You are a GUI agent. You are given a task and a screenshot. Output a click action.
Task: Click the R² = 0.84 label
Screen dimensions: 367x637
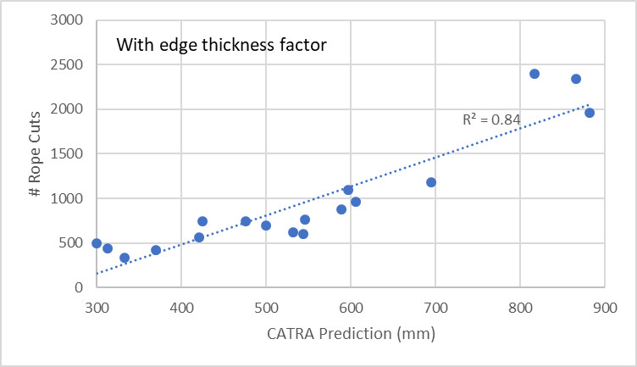(490, 120)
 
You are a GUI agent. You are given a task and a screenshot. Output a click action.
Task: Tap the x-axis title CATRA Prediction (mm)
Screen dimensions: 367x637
(350, 334)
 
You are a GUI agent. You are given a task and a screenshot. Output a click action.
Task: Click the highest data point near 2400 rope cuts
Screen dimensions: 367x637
(535, 74)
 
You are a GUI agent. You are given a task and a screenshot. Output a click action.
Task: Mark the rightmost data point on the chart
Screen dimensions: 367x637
(590, 113)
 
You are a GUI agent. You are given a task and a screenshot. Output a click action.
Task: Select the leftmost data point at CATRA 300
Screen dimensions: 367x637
(97, 243)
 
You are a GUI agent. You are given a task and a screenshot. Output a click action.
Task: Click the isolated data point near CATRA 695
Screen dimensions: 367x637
(431, 182)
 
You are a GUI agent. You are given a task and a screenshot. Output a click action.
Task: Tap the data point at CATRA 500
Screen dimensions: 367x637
(266, 225)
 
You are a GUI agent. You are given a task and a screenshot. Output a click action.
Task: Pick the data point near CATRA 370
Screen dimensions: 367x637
(156, 250)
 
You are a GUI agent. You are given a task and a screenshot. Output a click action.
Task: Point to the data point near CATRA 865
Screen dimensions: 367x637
(576, 79)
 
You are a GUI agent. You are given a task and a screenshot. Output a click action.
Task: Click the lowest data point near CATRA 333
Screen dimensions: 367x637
(125, 258)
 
